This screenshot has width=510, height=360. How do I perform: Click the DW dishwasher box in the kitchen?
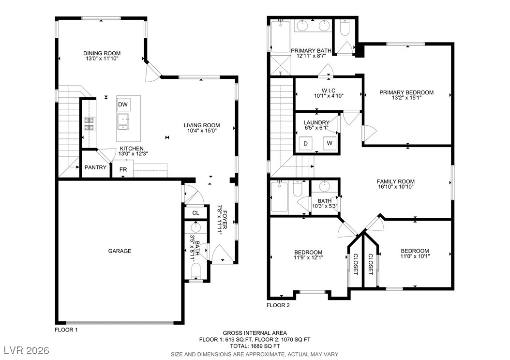pyautogui.click(x=123, y=105)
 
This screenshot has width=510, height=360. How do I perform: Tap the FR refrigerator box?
pyautogui.click(x=123, y=169)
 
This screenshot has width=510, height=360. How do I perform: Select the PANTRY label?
pyautogui.click(x=95, y=167)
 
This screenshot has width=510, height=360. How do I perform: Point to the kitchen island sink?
pyautogui.click(x=123, y=121)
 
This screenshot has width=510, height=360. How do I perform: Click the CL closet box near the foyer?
pyautogui.click(x=195, y=213)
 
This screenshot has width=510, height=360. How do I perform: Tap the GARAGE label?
pyautogui.click(x=120, y=251)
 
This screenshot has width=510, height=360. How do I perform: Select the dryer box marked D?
pyautogui.click(x=305, y=143)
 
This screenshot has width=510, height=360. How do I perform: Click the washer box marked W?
pyautogui.click(x=330, y=143)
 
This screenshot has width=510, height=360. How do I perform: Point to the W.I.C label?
pyautogui.click(x=329, y=90)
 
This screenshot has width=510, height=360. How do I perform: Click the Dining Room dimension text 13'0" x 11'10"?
pyautogui.click(x=102, y=59)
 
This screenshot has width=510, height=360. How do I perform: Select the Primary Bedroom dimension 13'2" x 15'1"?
pyautogui.click(x=406, y=97)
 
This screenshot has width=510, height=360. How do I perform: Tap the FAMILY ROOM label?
pyautogui.click(x=395, y=181)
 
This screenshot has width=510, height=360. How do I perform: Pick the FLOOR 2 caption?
pyautogui.click(x=278, y=305)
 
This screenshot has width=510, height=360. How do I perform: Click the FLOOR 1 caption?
pyautogui.click(x=66, y=330)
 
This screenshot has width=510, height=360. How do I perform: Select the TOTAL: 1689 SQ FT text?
pyautogui.click(x=255, y=346)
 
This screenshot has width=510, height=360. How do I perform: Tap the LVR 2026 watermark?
pyautogui.click(x=27, y=350)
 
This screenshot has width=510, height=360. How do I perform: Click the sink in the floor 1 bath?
pyautogui.click(x=195, y=226)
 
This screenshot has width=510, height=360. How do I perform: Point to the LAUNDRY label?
pyautogui.click(x=316, y=122)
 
